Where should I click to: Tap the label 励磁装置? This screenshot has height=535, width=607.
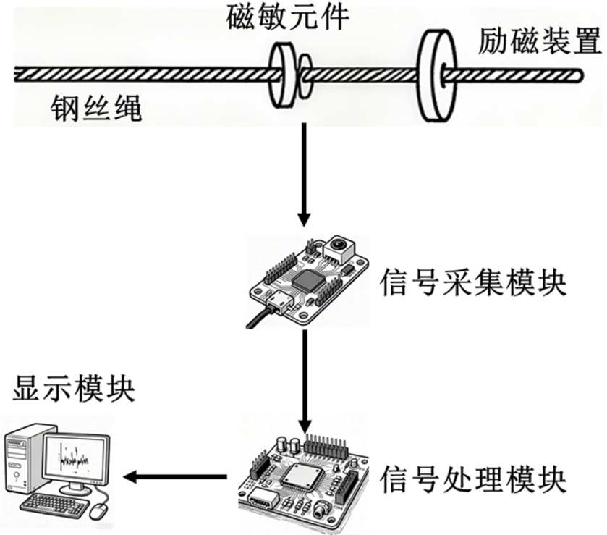(540, 43)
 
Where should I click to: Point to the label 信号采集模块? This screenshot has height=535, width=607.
(472, 282)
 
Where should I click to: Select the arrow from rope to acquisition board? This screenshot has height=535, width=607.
(305, 174)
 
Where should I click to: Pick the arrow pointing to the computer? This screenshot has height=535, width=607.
(174, 476)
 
